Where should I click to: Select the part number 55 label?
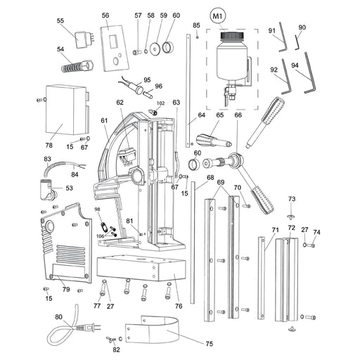[60, 21]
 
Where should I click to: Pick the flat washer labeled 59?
[152, 49]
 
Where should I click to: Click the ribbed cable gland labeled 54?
[75, 69]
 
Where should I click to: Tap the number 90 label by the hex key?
[302, 27]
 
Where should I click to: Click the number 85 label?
[197, 25]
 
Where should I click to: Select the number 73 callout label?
[292, 200]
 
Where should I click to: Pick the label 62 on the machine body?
[120, 103]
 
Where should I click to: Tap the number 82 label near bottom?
[116, 349]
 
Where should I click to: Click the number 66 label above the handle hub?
[238, 115]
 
